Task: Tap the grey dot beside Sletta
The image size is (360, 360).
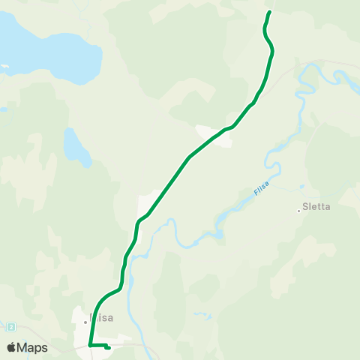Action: [298, 210]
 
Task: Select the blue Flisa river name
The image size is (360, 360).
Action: [260, 187]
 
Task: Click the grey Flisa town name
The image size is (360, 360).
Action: [103, 317]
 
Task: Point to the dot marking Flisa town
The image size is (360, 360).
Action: [85, 322]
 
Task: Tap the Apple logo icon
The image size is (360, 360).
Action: [11, 347]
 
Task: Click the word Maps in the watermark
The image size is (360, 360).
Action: [33, 347]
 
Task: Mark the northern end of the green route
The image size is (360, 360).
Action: [269, 12]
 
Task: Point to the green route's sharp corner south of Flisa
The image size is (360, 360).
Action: [89, 345]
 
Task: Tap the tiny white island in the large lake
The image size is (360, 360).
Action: [4, 66]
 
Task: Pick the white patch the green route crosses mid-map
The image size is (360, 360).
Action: [212, 135]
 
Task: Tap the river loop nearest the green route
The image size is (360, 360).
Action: [172, 224]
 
